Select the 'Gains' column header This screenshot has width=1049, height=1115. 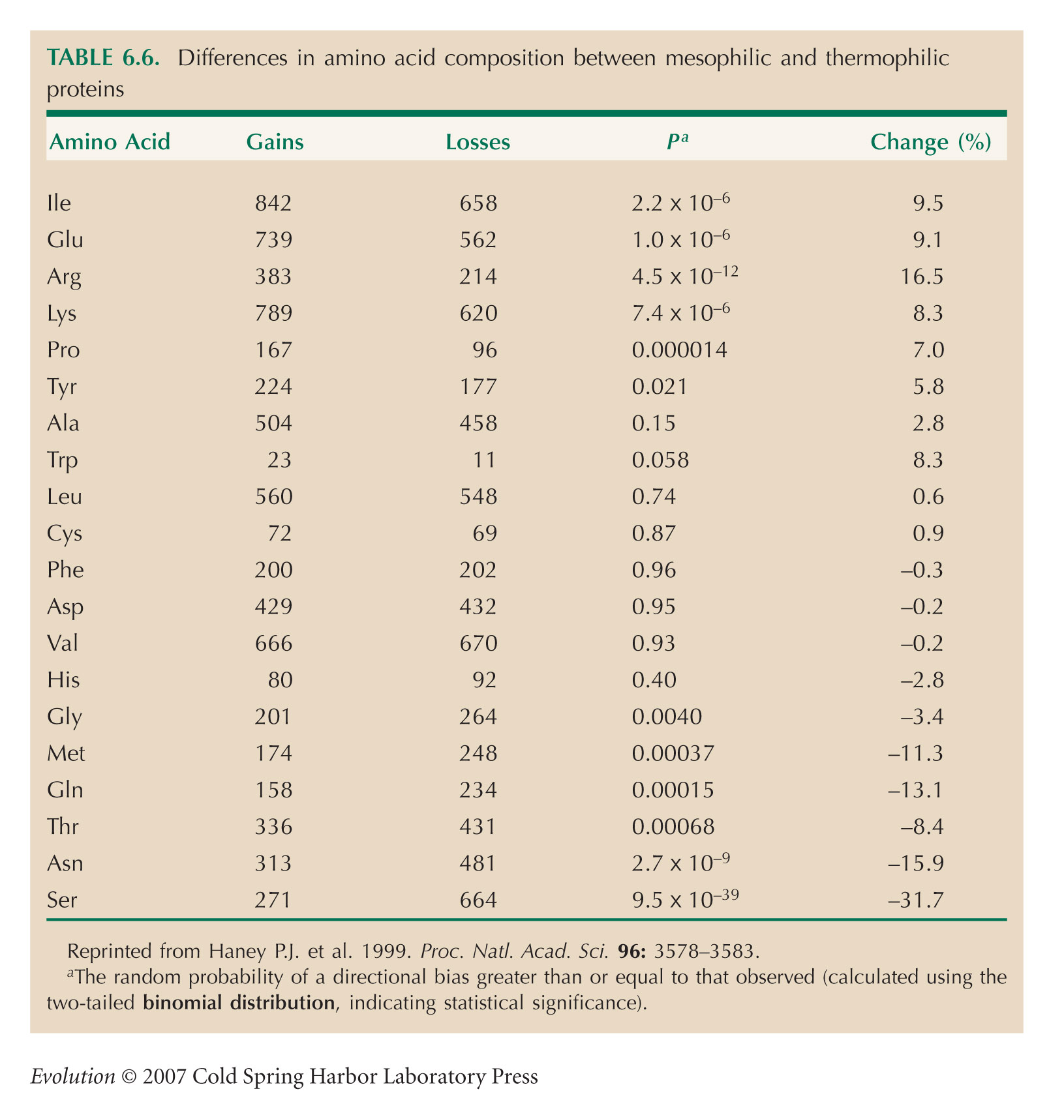pos(275,141)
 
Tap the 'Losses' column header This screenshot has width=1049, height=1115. pos(478,141)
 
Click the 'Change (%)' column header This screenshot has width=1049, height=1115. pos(931,142)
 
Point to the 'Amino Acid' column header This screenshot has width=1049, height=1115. pos(110,141)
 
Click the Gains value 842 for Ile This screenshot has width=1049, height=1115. pos(273,203)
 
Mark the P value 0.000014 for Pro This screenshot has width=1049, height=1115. pos(680,350)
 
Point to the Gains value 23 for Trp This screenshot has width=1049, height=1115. pos(279,460)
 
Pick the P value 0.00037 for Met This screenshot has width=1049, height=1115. pos(673,754)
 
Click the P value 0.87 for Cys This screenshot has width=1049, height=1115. pos(654,533)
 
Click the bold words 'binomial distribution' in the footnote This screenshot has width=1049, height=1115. pos(239,1002)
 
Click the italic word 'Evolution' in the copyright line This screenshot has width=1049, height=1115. pos(72,1076)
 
